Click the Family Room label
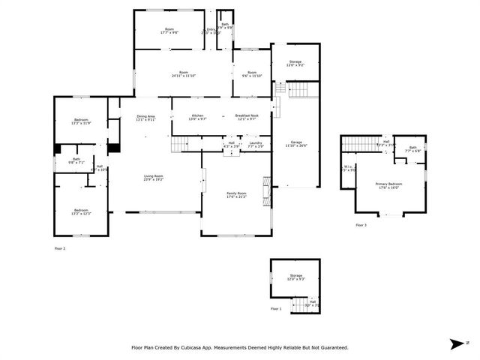tap(236, 195)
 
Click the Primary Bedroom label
tap(388, 185)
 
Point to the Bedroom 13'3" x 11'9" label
tap(81, 121)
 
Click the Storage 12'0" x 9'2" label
tap(295, 63)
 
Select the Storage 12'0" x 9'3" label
tap(295, 277)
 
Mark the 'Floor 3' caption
tap(361, 225)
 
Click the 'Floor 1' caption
tap(276, 309)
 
